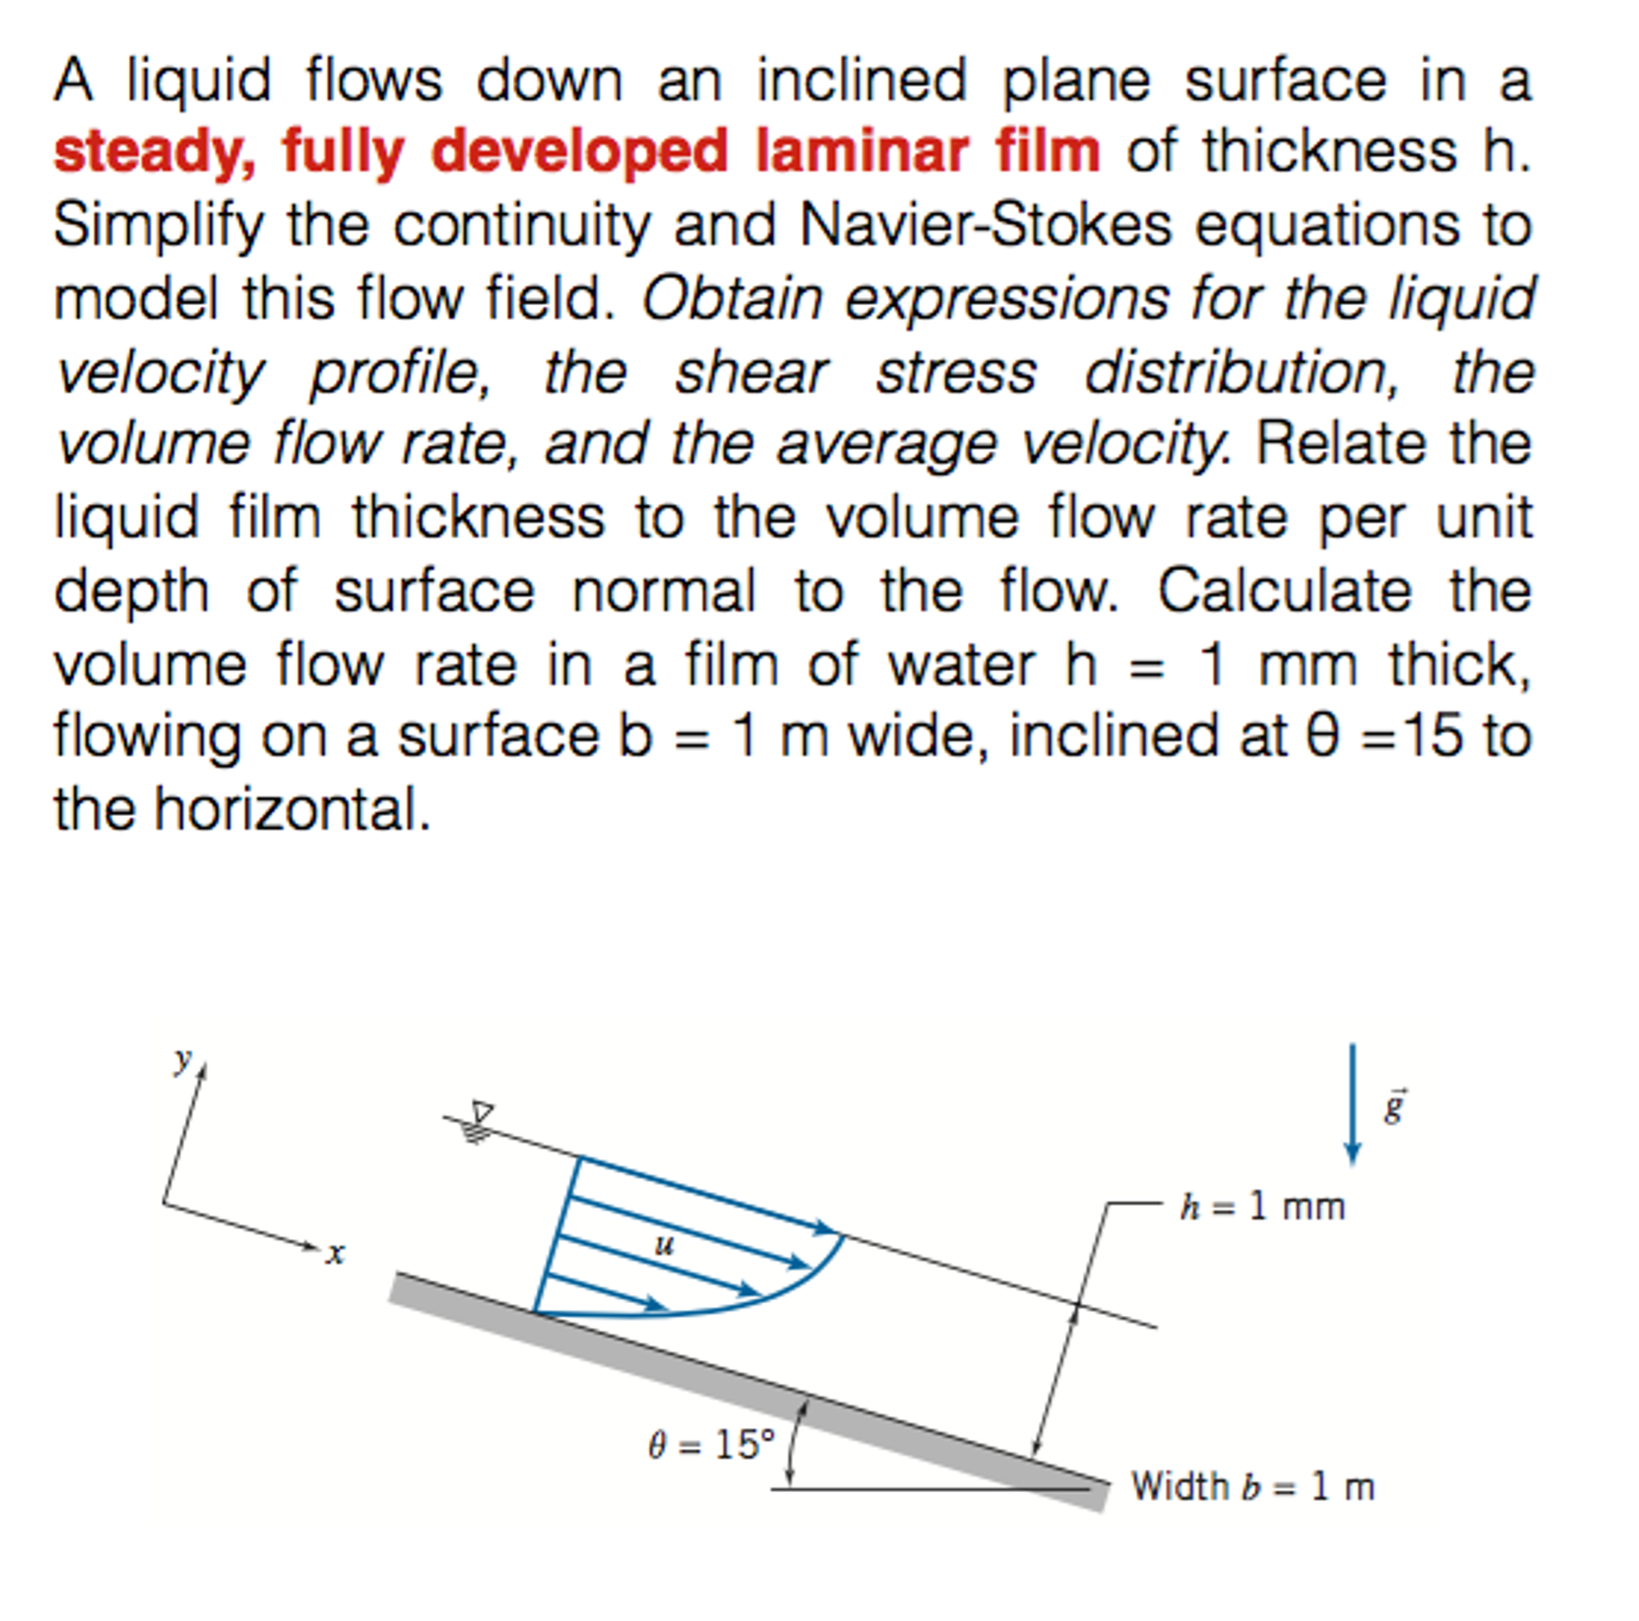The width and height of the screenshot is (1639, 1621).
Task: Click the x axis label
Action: point(336,1253)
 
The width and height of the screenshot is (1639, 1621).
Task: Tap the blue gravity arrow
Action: point(1353,1103)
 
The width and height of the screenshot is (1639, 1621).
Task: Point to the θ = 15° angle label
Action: point(711,1444)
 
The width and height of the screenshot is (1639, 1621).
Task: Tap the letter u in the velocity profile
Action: point(664,1245)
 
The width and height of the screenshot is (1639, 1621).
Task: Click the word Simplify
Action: point(159,227)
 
